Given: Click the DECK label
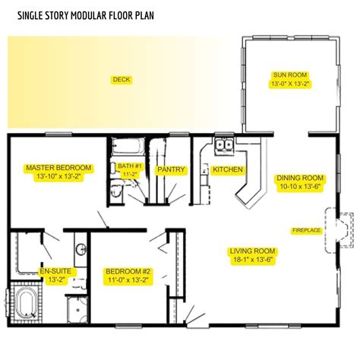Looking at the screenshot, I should (122, 79).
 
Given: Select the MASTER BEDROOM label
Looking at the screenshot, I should (58, 171).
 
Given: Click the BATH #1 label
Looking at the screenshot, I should (128, 169).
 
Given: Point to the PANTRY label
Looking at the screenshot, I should (170, 170).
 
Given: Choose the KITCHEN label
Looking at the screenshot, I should (227, 169).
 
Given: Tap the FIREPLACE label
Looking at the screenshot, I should (306, 229).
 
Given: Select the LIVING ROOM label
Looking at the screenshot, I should (254, 254).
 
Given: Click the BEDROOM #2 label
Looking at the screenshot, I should (128, 275).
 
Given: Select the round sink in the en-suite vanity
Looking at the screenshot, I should (79, 250).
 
